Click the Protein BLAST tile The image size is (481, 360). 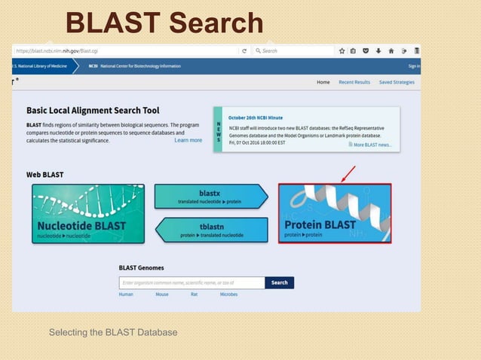click(334, 213)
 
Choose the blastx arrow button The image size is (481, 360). click(210, 197)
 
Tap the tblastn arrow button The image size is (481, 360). click(212, 230)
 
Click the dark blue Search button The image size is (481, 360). click(279, 282)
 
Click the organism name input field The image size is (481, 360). click(191, 282)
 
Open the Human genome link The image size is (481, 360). click(126, 294)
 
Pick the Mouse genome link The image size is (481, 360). click(162, 294)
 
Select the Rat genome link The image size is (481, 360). click(194, 294)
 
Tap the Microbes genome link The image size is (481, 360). click(228, 294)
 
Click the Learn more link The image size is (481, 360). click(188, 140)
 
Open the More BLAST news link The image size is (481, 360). click(372, 145)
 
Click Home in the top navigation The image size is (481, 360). click(323, 82)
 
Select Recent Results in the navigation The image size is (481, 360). click(354, 82)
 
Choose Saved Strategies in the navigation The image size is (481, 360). click(397, 82)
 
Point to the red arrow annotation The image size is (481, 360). click(348, 175)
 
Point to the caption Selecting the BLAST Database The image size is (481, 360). click(113, 332)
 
